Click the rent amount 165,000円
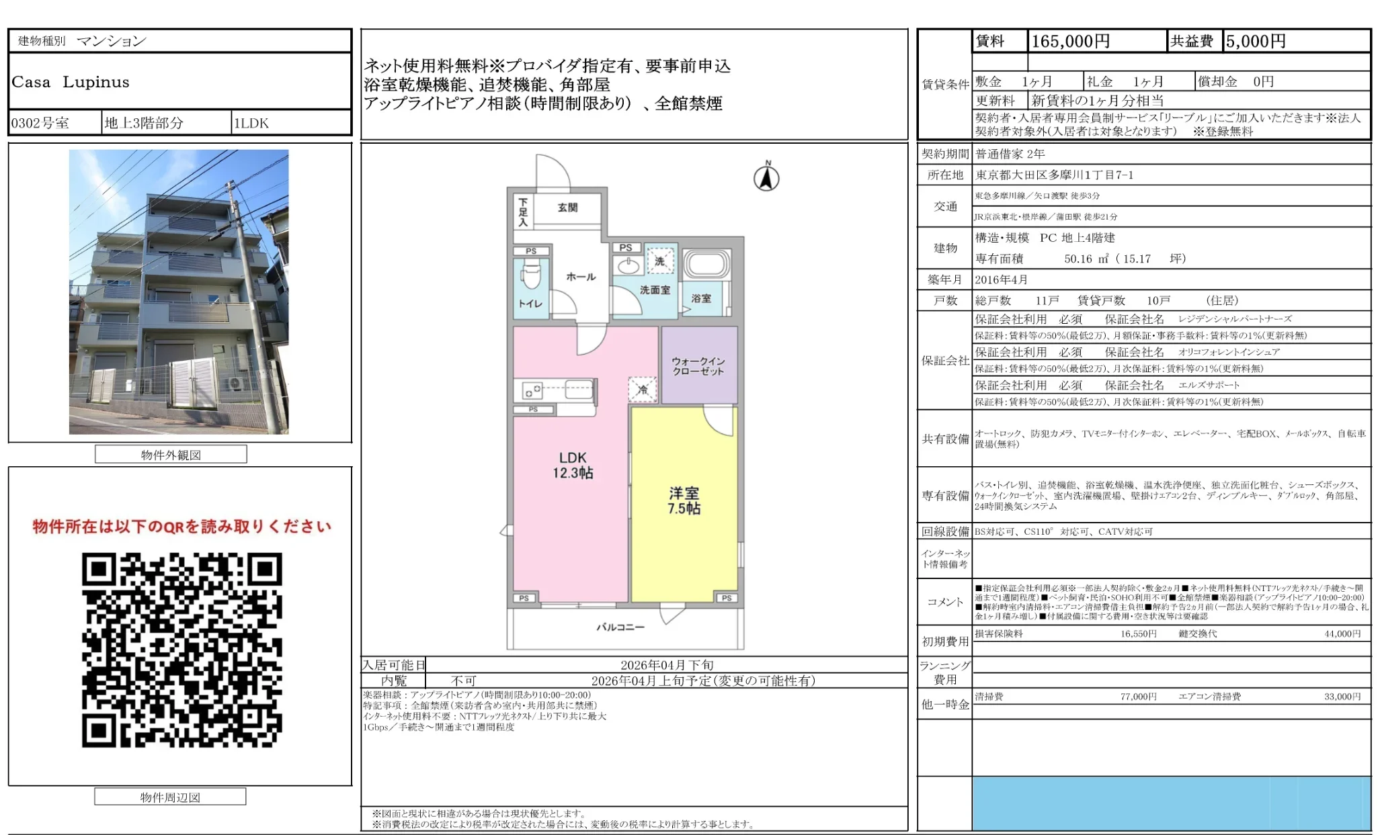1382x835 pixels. point(1070,42)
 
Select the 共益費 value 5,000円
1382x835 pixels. point(1255,42)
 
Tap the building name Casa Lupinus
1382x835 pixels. point(71,82)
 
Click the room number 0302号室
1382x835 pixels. point(40,123)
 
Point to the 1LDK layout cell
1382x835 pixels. point(251,123)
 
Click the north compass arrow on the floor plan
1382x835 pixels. point(766,178)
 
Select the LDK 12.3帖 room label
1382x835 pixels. point(573,465)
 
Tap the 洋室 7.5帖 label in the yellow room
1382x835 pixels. point(684,500)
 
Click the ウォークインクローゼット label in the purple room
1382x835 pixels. point(698,366)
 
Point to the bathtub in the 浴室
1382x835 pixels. point(706,265)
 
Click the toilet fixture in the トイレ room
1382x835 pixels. point(531,275)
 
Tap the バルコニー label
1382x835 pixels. point(620,627)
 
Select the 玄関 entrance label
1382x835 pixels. point(567,208)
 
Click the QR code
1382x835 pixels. point(181,650)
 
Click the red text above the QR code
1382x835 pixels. point(181,526)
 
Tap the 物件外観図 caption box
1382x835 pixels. point(171,455)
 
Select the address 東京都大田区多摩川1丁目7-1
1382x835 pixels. point(1054,175)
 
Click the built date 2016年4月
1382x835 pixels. point(1001,279)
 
